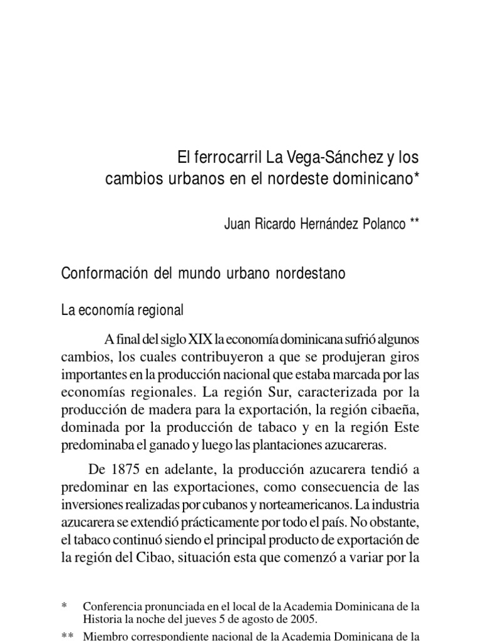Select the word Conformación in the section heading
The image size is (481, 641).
click(x=101, y=274)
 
